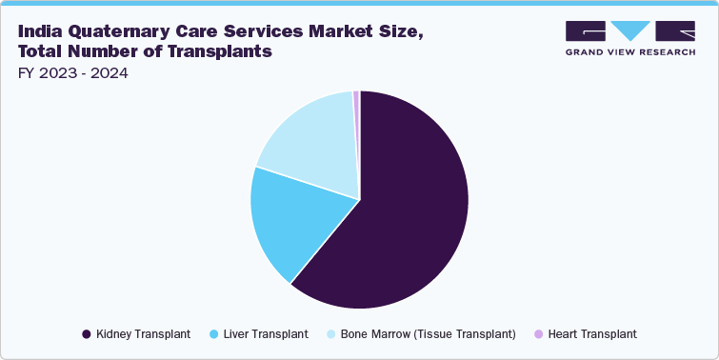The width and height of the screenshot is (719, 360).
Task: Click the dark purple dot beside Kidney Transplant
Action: click(x=87, y=334)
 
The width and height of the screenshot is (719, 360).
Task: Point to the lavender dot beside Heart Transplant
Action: click(x=538, y=334)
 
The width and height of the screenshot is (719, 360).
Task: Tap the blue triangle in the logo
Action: click(x=629, y=30)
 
